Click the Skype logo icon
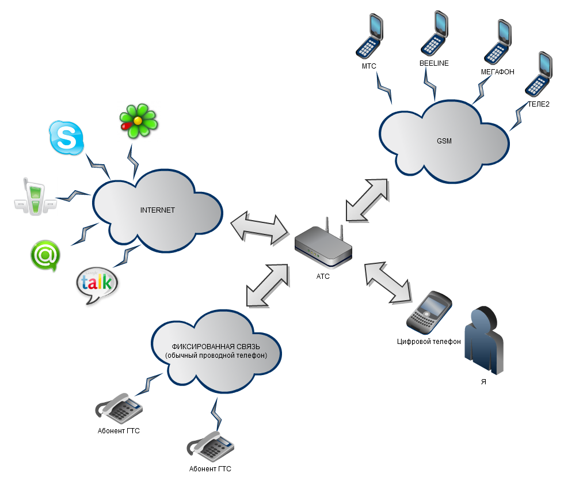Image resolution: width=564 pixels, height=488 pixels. tap(66, 138)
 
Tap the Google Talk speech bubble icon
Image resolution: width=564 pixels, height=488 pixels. tap(97, 285)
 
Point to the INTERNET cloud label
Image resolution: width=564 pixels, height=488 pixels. tap(157, 210)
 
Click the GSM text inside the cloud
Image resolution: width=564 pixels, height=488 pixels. tap(444, 141)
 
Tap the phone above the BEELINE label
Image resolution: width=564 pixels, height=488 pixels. tap(435, 33)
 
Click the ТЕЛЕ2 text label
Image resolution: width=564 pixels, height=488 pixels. tap(539, 104)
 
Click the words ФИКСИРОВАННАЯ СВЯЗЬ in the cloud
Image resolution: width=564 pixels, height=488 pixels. tap(216, 347)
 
